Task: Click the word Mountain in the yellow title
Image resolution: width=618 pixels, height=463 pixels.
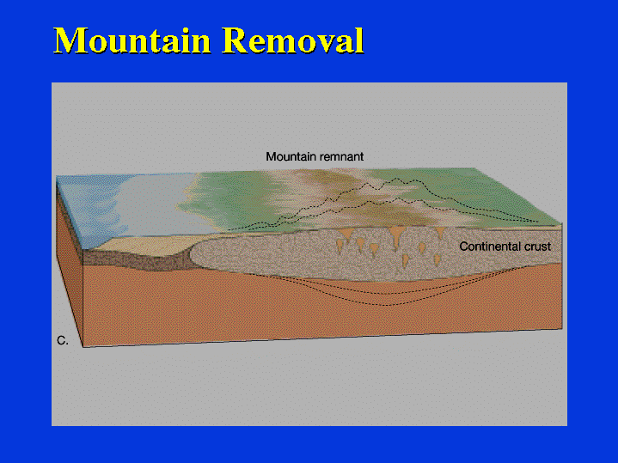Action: tap(132, 40)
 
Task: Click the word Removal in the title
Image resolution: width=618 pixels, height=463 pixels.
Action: tap(293, 40)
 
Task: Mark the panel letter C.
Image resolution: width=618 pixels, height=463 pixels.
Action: tap(62, 340)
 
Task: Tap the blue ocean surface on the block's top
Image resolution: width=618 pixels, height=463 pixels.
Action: tap(90, 205)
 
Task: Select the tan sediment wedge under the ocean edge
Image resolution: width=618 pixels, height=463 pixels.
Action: tap(142, 245)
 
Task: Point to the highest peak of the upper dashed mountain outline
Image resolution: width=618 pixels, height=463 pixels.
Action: tap(395, 179)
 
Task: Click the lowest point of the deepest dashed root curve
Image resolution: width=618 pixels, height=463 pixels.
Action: tap(386, 305)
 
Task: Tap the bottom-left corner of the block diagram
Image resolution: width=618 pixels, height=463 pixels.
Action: tap(83, 347)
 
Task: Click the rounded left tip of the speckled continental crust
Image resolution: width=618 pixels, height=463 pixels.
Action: tap(191, 253)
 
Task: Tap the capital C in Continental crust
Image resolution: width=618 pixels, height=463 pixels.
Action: tap(464, 247)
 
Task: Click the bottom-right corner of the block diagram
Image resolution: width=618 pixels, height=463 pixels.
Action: tap(561, 328)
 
